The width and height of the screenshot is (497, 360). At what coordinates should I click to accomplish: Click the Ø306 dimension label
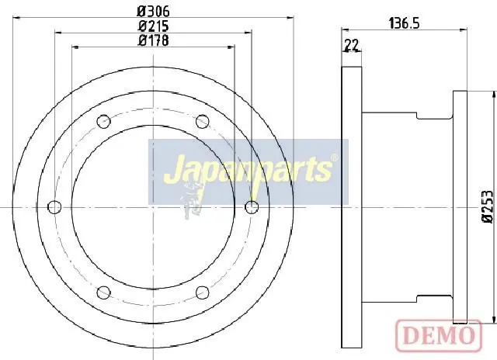click(x=154, y=12)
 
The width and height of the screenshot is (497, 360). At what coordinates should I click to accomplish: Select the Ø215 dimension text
click(x=154, y=26)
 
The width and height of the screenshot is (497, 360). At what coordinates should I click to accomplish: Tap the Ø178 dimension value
click(x=154, y=40)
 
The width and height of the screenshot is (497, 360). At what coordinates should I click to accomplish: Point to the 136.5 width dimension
click(x=404, y=23)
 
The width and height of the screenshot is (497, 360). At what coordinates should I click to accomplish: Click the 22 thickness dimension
click(x=352, y=45)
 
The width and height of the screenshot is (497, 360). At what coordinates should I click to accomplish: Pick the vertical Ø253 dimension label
click(x=488, y=206)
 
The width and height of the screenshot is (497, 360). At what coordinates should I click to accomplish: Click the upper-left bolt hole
click(x=103, y=122)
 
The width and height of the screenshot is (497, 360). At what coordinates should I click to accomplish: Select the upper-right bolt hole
click(x=202, y=122)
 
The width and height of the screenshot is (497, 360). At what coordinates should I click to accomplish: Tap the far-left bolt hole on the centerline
click(x=54, y=207)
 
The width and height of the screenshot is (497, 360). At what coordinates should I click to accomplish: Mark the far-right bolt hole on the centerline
click(x=252, y=207)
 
